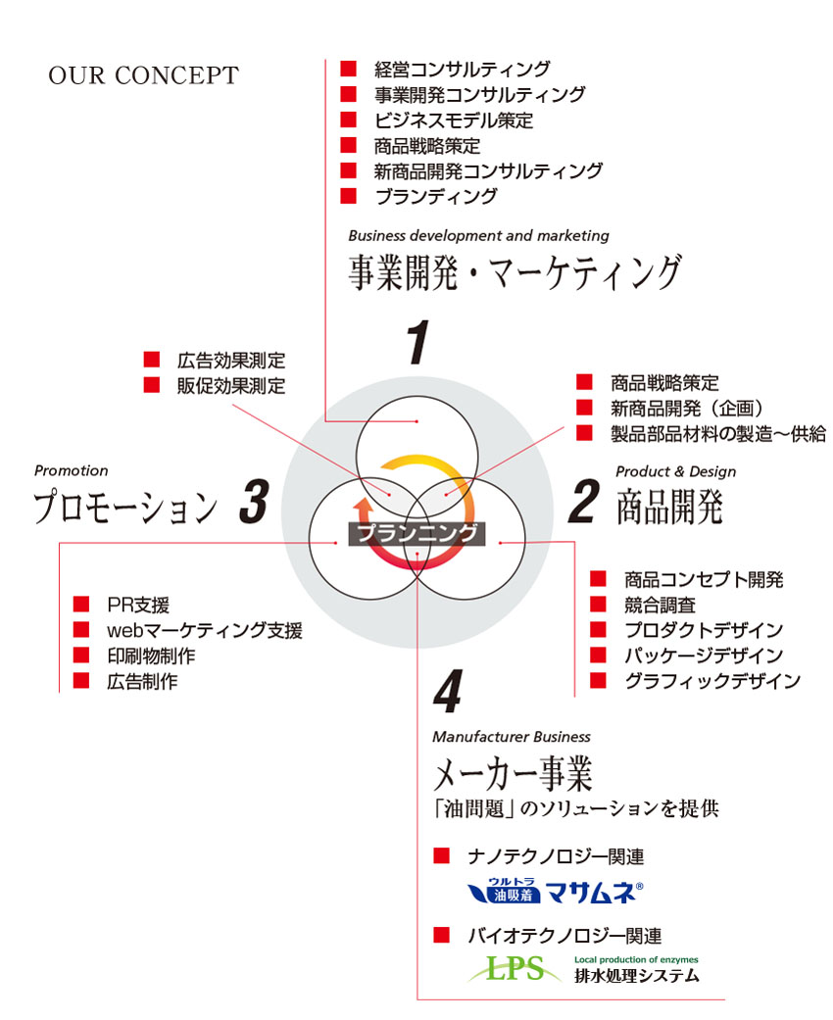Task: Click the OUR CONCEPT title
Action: click(143, 76)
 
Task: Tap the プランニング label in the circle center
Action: click(417, 534)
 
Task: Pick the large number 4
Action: click(446, 695)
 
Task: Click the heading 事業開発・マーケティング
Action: click(514, 272)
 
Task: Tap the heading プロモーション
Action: click(125, 507)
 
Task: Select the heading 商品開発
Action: click(669, 506)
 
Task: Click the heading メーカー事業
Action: click(514, 776)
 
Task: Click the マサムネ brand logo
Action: click(555, 892)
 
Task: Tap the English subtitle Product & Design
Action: click(675, 471)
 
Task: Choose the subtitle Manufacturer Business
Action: click(512, 736)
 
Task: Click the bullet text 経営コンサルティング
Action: click(463, 69)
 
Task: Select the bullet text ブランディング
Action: click(436, 196)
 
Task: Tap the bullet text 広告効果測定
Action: click(231, 360)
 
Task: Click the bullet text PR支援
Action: click(138, 605)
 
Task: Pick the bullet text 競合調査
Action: click(660, 605)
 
